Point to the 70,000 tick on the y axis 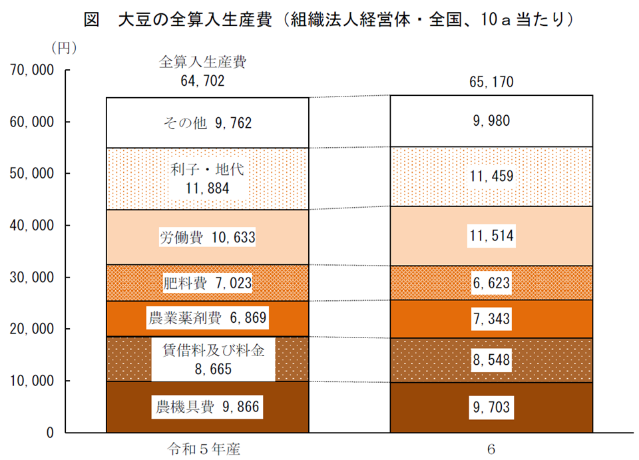[31, 70]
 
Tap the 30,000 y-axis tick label [31, 277]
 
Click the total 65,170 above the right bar [491, 81]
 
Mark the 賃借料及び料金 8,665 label [213, 359]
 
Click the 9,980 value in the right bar [491, 120]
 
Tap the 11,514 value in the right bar [491, 236]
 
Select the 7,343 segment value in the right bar [491, 318]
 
